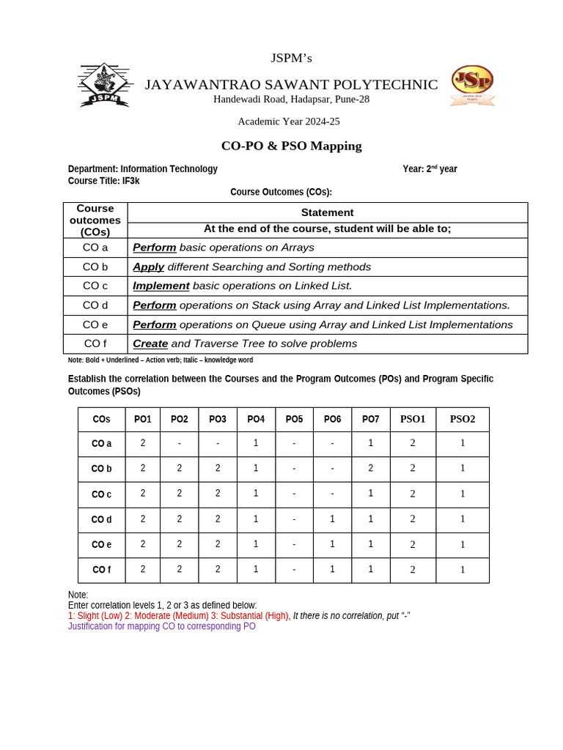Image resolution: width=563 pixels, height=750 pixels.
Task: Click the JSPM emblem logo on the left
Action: coord(104,86)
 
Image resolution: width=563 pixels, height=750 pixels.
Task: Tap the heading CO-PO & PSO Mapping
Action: coord(291,146)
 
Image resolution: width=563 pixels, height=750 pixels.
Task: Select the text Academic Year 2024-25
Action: coord(288,122)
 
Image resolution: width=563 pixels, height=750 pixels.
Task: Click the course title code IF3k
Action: coord(130,181)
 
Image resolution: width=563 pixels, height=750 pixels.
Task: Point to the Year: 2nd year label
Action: coord(430,169)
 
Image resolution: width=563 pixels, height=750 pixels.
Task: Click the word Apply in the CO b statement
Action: coord(148,267)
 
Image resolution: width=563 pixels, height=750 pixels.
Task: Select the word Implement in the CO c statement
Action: coord(161,286)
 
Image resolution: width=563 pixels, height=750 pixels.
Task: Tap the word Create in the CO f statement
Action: coord(150,344)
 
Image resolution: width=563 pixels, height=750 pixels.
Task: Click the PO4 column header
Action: coord(256,420)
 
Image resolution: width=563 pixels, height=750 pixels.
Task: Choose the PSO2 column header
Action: coord(462,420)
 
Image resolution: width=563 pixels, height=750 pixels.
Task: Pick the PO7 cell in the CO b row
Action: coord(370,469)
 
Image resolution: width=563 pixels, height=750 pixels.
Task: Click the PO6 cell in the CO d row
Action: coord(332,519)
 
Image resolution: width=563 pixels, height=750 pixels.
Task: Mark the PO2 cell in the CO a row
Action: coord(179,443)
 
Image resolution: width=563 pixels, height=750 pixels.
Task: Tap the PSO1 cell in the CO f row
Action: coord(413,570)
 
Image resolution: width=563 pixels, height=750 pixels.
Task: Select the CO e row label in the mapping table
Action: coord(101,545)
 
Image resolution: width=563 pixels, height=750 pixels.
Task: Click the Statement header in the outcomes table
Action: coord(327,212)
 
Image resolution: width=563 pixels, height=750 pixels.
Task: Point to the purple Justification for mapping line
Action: coord(162,627)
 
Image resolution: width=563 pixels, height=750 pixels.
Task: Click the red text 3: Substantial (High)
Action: coord(250,616)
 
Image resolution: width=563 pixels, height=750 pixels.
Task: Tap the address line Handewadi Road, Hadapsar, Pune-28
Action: coord(291,100)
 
